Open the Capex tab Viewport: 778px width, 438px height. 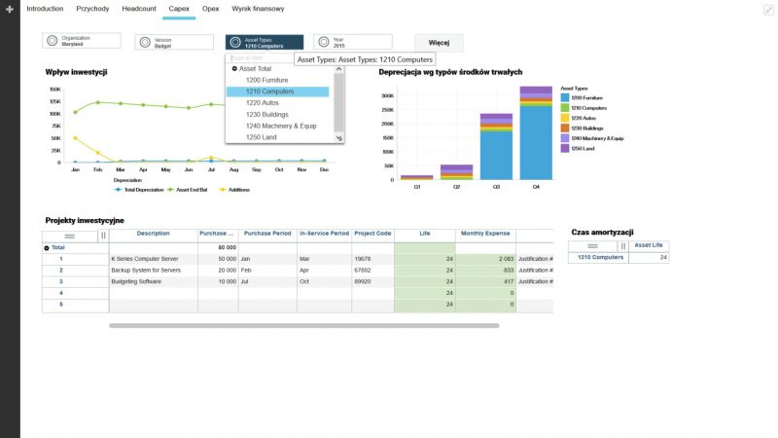(x=179, y=8)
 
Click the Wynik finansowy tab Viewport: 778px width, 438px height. (x=259, y=8)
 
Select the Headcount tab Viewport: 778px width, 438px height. (x=139, y=8)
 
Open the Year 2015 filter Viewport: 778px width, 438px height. (x=352, y=42)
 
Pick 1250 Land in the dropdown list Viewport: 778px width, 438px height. (x=262, y=137)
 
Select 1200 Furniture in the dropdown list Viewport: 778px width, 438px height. (x=267, y=80)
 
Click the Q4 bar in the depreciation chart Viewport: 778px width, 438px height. (x=536, y=136)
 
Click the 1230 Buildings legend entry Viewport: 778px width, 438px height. (x=586, y=128)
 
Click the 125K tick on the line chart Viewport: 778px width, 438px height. (x=53, y=101)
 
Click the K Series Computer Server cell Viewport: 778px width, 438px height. (x=146, y=259)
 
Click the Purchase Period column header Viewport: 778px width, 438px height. (x=266, y=234)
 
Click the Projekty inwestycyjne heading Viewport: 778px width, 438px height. (x=85, y=220)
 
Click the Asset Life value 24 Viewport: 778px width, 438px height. (x=663, y=257)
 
